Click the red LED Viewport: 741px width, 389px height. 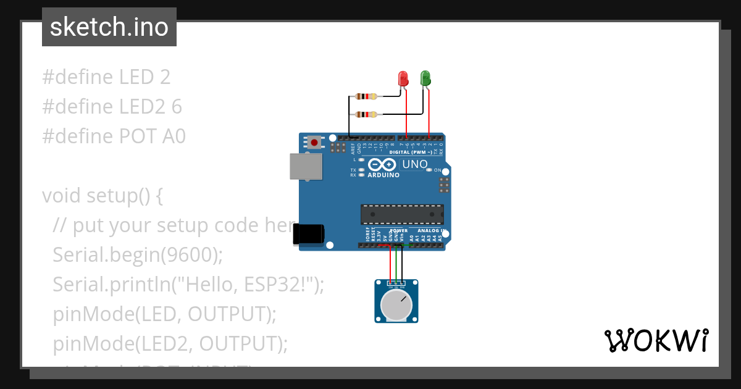coord(403,78)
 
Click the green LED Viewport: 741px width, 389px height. coord(425,78)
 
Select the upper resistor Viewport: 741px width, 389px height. coord(367,96)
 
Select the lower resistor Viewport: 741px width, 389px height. coord(367,114)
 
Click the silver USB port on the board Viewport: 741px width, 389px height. coord(306,167)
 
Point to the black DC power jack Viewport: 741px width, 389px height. coord(308,234)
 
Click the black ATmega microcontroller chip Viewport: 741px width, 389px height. coord(402,214)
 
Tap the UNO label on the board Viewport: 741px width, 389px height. coord(414,164)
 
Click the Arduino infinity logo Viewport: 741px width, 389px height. coord(383,165)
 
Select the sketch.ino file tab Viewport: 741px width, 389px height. coord(109,27)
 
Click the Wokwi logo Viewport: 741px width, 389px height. coord(656,340)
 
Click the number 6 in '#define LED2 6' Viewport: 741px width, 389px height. coord(177,107)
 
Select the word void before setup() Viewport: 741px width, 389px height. coord(62,196)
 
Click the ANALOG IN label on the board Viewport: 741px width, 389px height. coord(430,230)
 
